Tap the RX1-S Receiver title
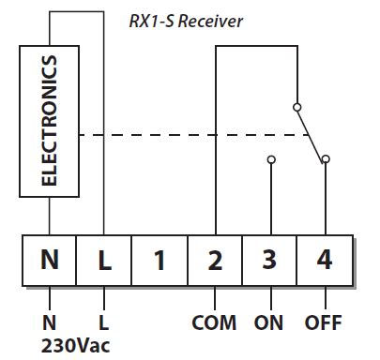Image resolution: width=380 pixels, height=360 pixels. click(x=186, y=20)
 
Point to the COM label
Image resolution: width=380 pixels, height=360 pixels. click(x=214, y=323)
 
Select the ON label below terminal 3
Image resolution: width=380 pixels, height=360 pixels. click(x=269, y=323)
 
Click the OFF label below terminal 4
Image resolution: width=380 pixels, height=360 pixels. click(x=324, y=323)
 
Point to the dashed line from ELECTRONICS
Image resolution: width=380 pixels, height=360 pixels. click(x=188, y=135)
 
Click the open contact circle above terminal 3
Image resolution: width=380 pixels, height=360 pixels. click(x=270, y=159)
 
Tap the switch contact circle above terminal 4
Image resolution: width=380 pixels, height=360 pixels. click(x=325, y=159)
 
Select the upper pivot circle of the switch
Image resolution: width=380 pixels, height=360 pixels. click(x=296, y=105)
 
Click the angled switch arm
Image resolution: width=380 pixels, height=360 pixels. click(x=310, y=132)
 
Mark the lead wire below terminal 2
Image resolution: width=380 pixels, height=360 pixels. click(x=215, y=299)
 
